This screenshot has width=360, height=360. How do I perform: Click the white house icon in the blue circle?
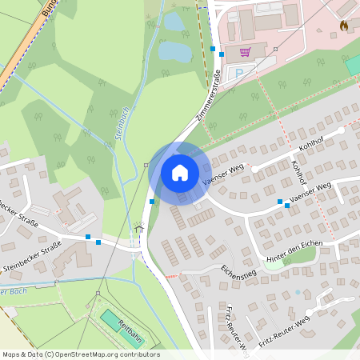click(x=180, y=173)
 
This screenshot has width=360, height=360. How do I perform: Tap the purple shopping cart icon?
click(x=245, y=52)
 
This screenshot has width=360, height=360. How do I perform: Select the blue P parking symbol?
click(x=238, y=74)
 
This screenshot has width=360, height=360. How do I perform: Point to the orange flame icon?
click(x=344, y=26)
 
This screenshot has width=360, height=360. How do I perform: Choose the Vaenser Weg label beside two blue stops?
click(x=310, y=192)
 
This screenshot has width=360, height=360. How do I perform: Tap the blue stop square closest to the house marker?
click(x=152, y=202)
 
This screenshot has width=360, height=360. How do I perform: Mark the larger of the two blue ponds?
click(x=175, y=52)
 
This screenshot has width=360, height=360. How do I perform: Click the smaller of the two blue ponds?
click(x=174, y=22)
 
